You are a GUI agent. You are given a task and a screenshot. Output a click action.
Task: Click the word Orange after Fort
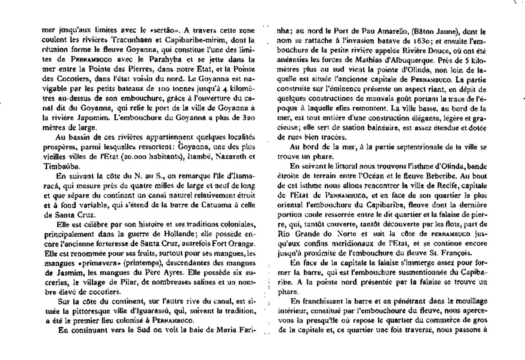(x=241, y=244)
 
